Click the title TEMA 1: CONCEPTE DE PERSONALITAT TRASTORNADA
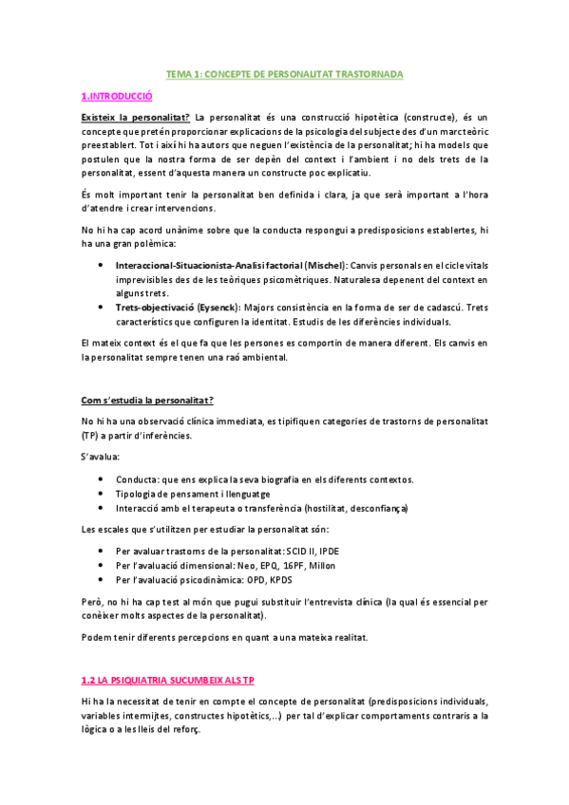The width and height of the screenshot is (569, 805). [284, 72]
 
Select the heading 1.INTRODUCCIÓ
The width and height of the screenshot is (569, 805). [117, 96]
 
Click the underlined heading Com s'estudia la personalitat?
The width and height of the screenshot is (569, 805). [147, 401]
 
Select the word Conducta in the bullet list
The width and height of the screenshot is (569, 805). [137, 478]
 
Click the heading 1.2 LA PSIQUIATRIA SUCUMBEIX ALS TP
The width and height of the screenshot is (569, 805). [168, 682]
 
